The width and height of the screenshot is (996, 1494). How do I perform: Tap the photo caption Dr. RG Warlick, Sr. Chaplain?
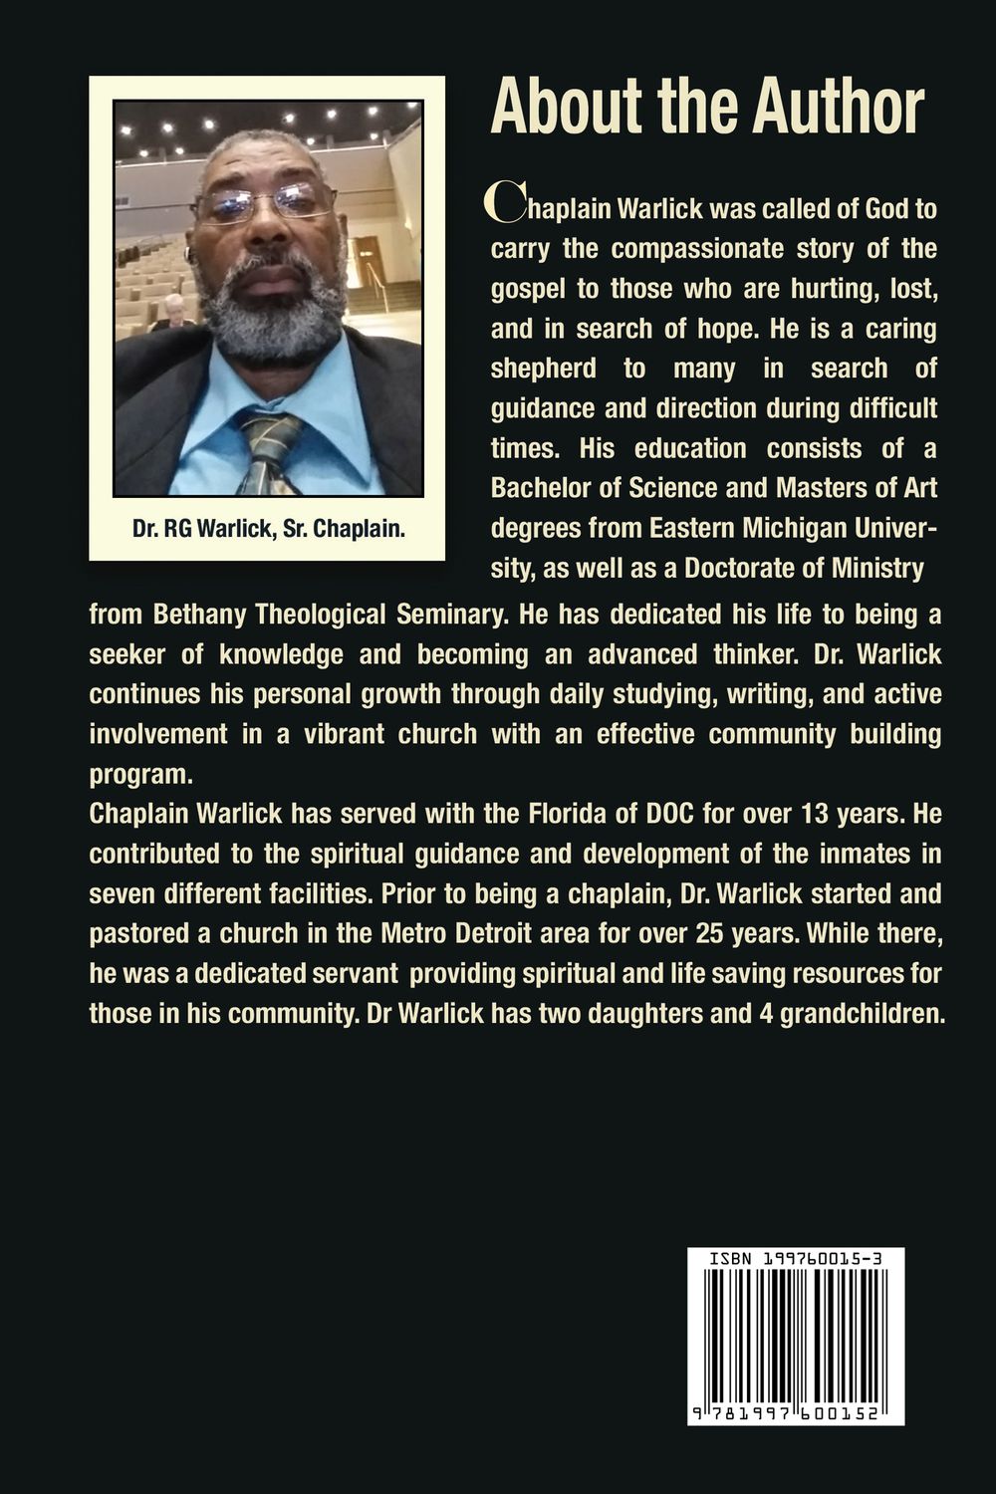point(268,529)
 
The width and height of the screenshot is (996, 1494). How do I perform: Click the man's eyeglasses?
point(263,204)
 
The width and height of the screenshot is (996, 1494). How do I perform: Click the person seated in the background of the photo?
point(172,312)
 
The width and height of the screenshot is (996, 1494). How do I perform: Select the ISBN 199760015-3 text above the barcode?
point(795,1259)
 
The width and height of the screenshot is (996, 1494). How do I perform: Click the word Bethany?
point(200,615)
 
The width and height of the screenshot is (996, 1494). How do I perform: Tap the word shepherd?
point(543,369)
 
